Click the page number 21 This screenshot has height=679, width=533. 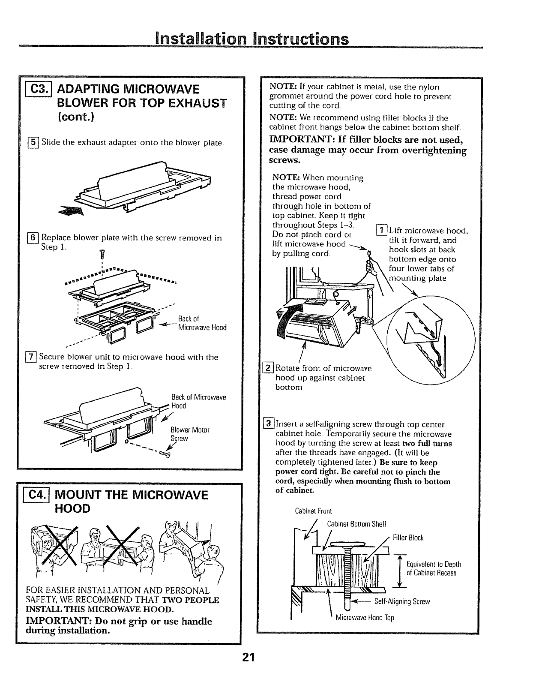pos(248,658)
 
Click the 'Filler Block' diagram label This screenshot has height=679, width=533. pos(408,538)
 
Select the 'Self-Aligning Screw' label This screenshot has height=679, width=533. pos(402,601)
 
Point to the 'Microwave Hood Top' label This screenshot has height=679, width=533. pos(365,618)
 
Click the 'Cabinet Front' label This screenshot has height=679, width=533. pos(313,511)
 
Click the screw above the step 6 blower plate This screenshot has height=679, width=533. pos(102,254)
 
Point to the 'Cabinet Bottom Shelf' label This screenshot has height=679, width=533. pos(356,524)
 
